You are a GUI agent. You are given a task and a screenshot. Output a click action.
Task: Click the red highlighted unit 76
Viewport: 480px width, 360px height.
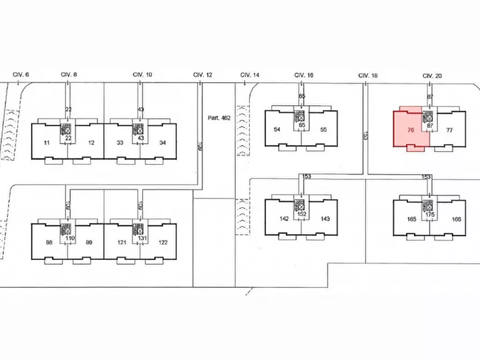411,130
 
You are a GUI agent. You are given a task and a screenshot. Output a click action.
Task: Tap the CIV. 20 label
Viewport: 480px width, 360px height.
432,76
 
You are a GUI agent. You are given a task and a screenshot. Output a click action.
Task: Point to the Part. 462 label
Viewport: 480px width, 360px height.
219,117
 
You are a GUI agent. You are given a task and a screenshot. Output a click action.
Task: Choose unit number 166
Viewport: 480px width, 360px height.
456,219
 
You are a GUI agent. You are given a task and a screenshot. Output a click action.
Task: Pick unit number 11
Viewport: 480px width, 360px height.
47,142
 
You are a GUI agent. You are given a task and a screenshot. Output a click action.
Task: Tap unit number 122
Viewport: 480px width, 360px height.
163,242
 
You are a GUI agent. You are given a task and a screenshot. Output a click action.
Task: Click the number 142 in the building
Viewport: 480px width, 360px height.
284,219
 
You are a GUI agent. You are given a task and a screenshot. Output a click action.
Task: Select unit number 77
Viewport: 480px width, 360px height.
449,130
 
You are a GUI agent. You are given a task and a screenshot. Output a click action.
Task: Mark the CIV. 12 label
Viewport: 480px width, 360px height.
203,75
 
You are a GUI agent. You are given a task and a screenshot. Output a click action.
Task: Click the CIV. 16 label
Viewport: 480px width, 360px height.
304,76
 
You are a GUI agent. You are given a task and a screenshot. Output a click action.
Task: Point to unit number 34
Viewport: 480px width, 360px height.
162,142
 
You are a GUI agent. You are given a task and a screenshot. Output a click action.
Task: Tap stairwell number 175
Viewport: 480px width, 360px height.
429,214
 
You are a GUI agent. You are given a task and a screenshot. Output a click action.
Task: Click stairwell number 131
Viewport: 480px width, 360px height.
142,238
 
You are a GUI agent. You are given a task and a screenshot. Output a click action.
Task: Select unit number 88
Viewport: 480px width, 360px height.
49,242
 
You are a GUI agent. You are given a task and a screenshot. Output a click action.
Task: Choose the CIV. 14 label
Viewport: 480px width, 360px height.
249,75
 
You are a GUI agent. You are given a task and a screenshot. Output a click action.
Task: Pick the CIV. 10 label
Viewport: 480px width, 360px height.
142,75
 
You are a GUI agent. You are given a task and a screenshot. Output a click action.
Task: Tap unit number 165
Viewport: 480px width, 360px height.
412,219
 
